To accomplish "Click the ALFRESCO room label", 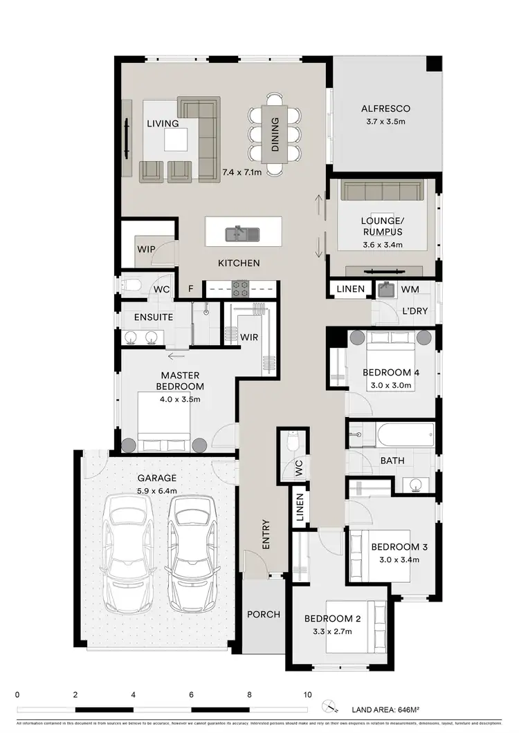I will [x=385, y=109].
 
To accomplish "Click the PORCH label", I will [x=264, y=614].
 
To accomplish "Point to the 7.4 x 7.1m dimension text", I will [x=242, y=171].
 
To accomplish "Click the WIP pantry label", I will [x=145, y=248].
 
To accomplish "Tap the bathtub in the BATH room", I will [x=405, y=437].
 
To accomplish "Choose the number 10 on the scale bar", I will [x=307, y=694].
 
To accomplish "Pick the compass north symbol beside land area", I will [x=330, y=705].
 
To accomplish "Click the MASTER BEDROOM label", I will [x=179, y=381].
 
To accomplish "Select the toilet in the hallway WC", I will [x=292, y=440].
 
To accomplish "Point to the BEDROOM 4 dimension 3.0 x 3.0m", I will [x=391, y=385].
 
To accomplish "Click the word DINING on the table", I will [x=275, y=134].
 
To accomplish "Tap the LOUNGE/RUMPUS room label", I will [x=381, y=227].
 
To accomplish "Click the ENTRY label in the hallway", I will [x=265, y=535].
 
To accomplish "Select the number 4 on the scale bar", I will [x=133, y=694].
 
